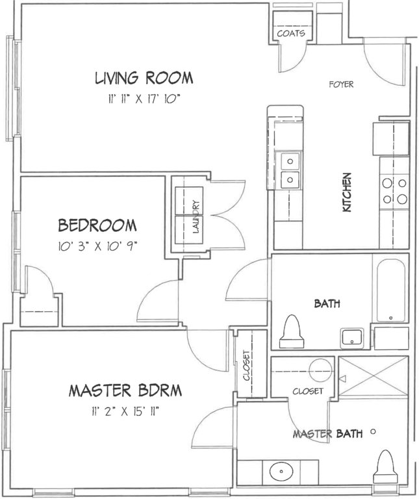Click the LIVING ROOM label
click(x=144, y=78)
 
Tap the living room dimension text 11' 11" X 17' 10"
click(x=144, y=99)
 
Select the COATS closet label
click(x=291, y=33)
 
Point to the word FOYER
click(x=341, y=84)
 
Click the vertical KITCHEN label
click(x=346, y=192)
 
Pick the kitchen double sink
click(x=290, y=171)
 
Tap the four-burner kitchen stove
click(x=394, y=191)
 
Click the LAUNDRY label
click(x=196, y=217)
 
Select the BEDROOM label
click(x=97, y=225)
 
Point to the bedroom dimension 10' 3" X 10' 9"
click(x=97, y=246)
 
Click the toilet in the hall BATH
click(x=292, y=331)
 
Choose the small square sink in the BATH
click(x=352, y=339)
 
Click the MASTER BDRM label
click(x=125, y=390)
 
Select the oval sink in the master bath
click(x=281, y=471)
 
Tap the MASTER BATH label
click(x=327, y=434)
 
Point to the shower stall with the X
click(x=374, y=377)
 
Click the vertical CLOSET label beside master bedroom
click(x=247, y=365)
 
